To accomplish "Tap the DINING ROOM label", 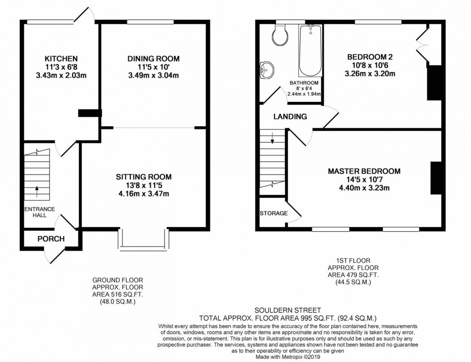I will click(153, 59).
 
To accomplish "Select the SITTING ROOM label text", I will click(144, 177).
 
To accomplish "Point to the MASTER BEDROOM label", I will click(364, 171).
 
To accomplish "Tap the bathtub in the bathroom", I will click(310, 51).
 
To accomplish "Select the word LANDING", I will click(290, 116).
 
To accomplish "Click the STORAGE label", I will click(273, 213).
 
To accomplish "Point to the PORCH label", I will click(51, 239).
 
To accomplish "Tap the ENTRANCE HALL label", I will click(40, 212).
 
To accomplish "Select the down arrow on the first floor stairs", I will click(272, 140).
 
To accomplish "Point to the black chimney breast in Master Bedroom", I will click(436, 177).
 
